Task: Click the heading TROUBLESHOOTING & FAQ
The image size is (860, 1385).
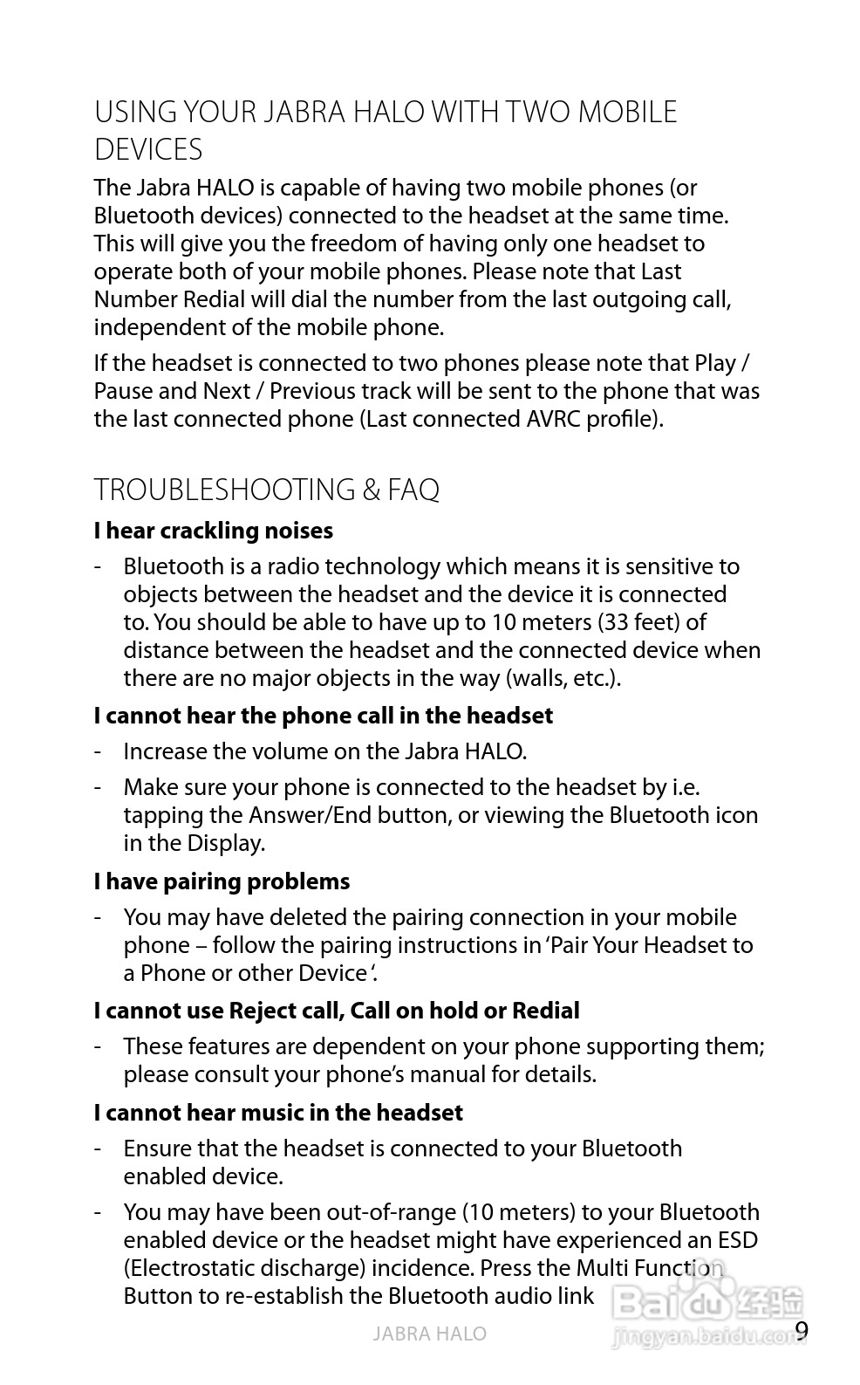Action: pyautogui.click(x=266, y=490)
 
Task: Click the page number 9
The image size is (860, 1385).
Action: pyautogui.click(x=802, y=1330)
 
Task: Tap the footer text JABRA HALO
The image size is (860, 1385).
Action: pyautogui.click(x=429, y=1334)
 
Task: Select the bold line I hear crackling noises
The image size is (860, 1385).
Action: pyautogui.click(x=213, y=531)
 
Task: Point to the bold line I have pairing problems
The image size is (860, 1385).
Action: pyautogui.click(x=222, y=881)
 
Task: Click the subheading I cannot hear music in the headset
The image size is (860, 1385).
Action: pyautogui.click(x=278, y=1113)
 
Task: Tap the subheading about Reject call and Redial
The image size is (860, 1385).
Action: pyautogui.click(x=337, y=1011)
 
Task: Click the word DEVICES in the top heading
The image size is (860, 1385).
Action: pyautogui.click(x=148, y=150)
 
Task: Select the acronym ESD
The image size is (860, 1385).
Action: pyautogui.click(x=737, y=1240)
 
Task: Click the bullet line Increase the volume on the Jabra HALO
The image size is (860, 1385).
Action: pyautogui.click(x=324, y=751)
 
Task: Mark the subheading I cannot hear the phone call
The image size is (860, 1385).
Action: pyautogui.click(x=323, y=716)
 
